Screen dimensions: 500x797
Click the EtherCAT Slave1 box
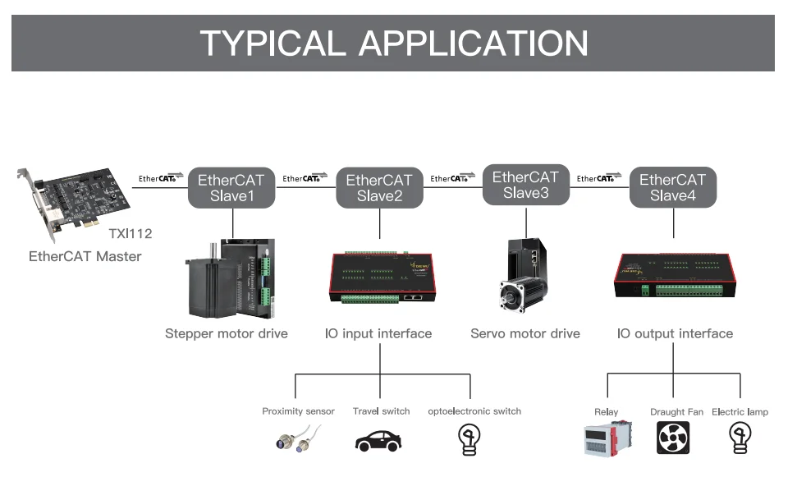(232, 187)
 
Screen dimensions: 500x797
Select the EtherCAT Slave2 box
(379, 188)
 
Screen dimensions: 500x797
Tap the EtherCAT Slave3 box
(525, 185)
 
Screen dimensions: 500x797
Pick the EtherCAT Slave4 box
(672, 188)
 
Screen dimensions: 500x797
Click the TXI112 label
(131, 233)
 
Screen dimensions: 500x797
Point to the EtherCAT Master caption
(85, 256)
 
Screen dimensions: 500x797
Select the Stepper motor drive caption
(227, 333)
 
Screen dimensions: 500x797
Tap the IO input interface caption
(378, 333)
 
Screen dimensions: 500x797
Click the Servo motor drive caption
(525, 333)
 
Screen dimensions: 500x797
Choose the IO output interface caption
(675, 333)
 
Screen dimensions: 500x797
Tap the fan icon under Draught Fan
(673, 438)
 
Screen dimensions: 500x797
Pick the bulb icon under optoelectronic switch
(468, 439)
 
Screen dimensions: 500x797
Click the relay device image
(608, 438)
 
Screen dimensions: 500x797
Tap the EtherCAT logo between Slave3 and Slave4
(599, 178)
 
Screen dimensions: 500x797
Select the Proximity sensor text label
(298, 411)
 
